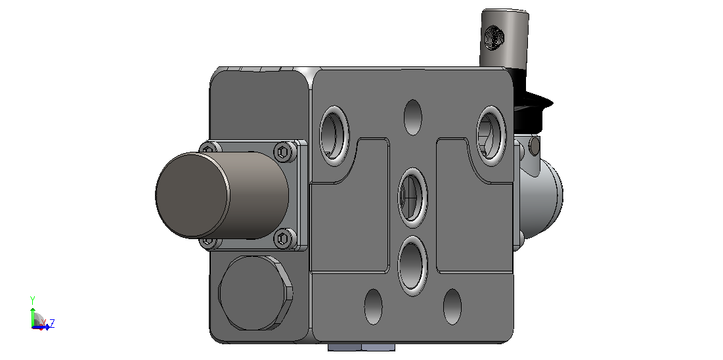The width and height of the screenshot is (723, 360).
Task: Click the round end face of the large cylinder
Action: (x=192, y=195)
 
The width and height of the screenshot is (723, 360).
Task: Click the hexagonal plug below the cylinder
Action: (x=255, y=293)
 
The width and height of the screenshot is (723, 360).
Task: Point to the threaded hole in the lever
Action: (x=494, y=37)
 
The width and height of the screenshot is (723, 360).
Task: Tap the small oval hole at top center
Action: (x=412, y=118)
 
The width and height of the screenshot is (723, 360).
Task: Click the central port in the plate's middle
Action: (x=412, y=198)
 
